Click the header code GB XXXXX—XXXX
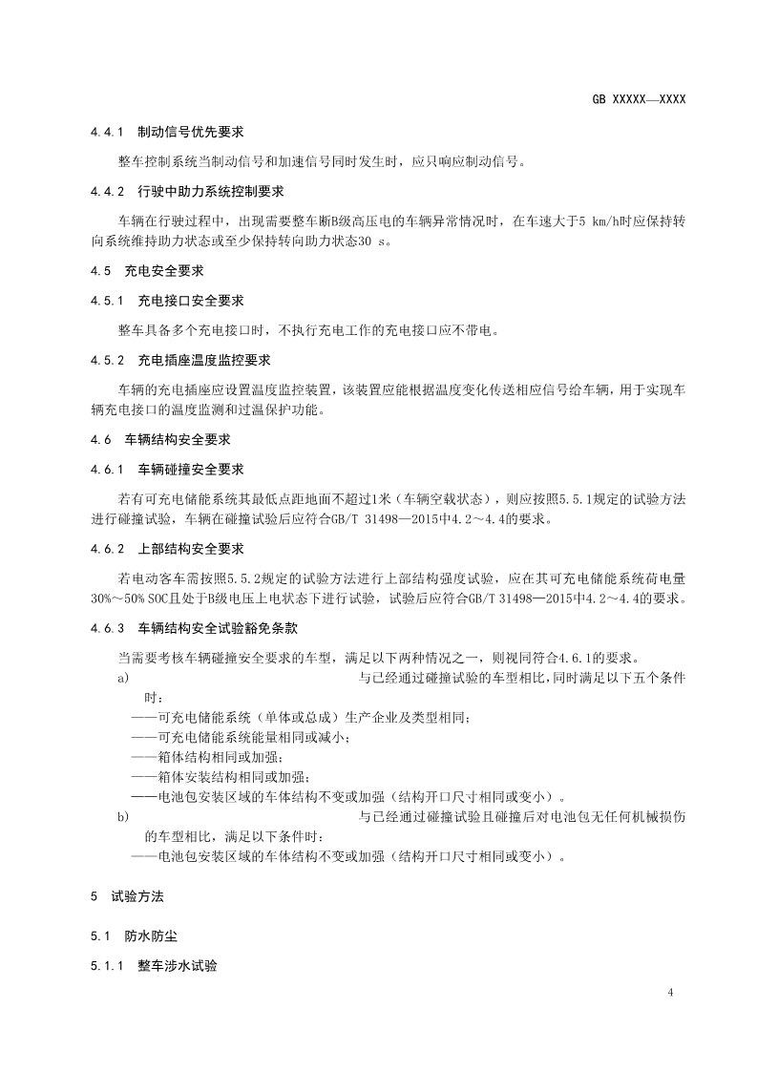click(x=639, y=99)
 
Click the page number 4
click(x=671, y=994)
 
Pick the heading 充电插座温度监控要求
click(x=204, y=360)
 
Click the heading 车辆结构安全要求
click(x=171, y=440)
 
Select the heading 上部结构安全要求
click(x=191, y=549)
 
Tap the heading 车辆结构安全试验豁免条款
click(x=218, y=628)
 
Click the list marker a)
click(x=122, y=679)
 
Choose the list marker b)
click(x=122, y=817)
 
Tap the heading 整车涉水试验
click(x=178, y=967)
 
